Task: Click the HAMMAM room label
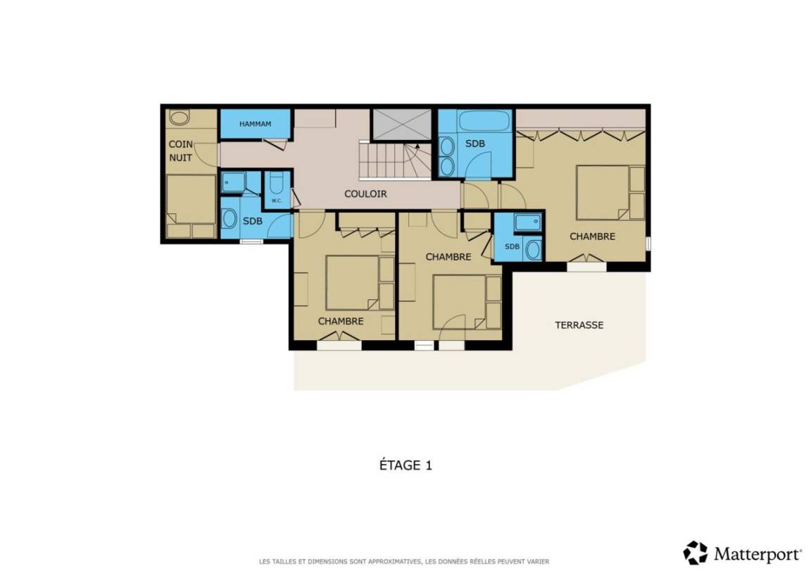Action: [255, 124]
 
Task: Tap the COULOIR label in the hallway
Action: [365, 194]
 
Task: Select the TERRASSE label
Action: [579, 325]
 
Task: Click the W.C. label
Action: [277, 201]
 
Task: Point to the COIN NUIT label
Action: [180, 151]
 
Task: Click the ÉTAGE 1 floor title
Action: [405, 465]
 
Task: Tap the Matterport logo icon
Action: [695, 553]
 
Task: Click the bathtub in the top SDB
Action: [484, 121]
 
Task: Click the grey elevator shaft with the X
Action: [402, 124]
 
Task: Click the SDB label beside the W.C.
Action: [253, 221]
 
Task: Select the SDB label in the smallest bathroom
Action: [512, 246]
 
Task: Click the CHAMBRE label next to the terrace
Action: [592, 237]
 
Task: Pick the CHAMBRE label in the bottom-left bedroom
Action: [340, 321]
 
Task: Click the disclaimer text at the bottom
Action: [404, 561]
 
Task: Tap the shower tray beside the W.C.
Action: [233, 182]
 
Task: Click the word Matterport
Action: [757, 555]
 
